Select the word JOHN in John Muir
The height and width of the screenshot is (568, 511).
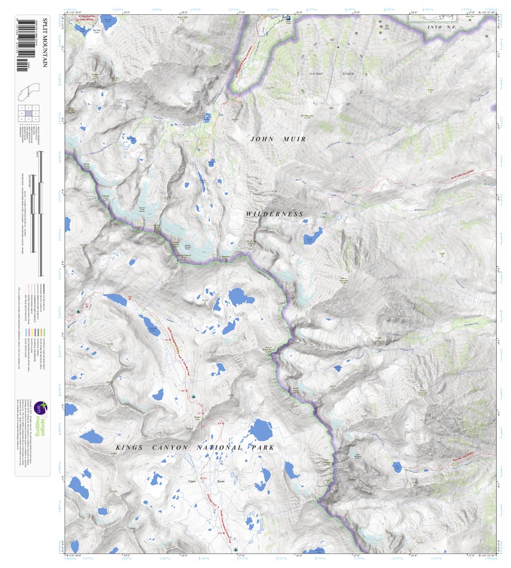click(264, 139)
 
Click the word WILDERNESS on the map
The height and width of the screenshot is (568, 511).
click(275, 214)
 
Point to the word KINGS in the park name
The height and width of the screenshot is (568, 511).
click(129, 447)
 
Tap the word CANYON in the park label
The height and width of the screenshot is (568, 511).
click(172, 447)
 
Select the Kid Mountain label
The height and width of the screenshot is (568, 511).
click(307, 115)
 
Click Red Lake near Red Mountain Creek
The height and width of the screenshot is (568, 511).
click(397, 467)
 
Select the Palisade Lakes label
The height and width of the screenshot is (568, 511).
click(152, 327)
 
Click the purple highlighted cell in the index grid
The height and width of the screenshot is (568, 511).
click(29, 112)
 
